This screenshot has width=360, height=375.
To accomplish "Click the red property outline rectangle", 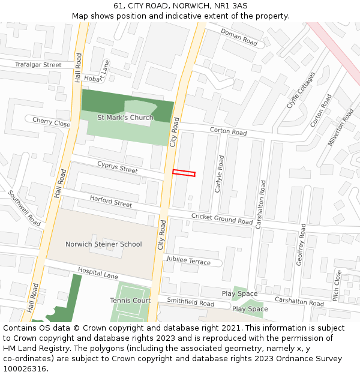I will pyautogui.click(x=184, y=173).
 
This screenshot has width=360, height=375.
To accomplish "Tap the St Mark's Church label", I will pyautogui.click(x=125, y=118).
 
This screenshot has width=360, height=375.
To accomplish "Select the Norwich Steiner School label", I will pyautogui.click(x=104, y=244).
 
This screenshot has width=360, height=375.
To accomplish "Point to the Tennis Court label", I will pyautogui.click(x=130, y=300).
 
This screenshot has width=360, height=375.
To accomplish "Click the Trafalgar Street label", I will pyautogui.click(x=38, y=64).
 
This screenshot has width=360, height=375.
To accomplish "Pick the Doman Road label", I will pyautogui.click(x=239, y=37).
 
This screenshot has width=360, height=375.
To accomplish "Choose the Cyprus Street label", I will pyautogui.click(x=118, y=167).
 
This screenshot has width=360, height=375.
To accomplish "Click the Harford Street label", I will pyautogui.click(x=111, y=201).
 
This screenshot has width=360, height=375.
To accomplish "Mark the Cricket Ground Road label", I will pyautogui.click(x=222, y=218).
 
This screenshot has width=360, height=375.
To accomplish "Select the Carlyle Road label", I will pyautogui.click(x=220, y=174).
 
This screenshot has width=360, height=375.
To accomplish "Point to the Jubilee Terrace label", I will pyautogui.click(x=188, y=260).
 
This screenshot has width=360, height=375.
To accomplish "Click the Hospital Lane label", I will pyautogui.click(x=98, y=273).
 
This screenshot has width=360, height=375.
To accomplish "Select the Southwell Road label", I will pyautogui.click(x=24, y=208).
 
